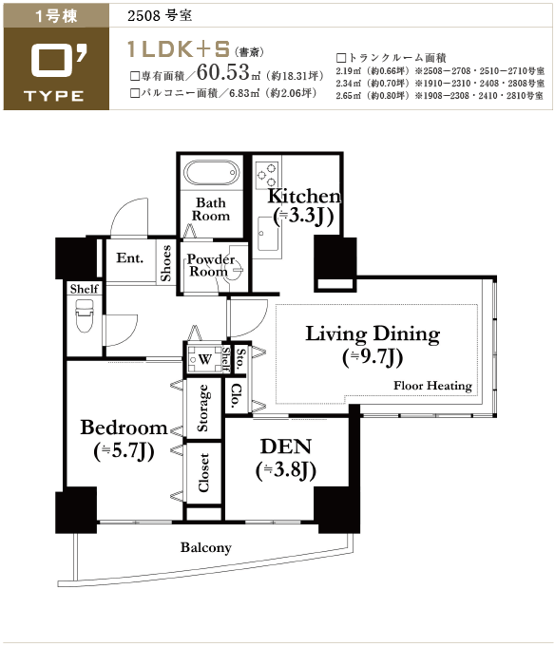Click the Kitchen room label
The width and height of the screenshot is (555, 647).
tap(304, 206)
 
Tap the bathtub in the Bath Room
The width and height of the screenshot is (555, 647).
tap(211, 173)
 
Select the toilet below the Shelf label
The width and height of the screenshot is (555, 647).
tap(85, 315)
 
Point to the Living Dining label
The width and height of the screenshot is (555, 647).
tap(373, 345)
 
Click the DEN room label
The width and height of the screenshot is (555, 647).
tap(286, 459)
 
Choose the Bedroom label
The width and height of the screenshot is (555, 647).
tap(124, 439)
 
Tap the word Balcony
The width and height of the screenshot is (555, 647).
tap(206, 547)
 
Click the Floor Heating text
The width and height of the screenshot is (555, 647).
tap(432, 386)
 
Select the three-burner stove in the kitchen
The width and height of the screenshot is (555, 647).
tap(266, 175)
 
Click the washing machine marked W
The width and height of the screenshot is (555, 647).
tap(204, 358)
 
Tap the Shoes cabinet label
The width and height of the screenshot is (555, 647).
tap(165, 263)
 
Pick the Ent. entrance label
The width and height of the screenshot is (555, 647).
tap(129, 257)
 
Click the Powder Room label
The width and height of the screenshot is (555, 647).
tap(210, 265)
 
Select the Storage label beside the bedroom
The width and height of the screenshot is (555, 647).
tap(203, 409)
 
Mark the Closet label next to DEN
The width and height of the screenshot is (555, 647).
tap(203, 472)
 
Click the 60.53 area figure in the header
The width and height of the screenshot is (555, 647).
tap(223, 72)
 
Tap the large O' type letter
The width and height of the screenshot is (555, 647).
tap(59, 61)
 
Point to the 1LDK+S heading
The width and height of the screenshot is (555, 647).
tap(179, 49)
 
